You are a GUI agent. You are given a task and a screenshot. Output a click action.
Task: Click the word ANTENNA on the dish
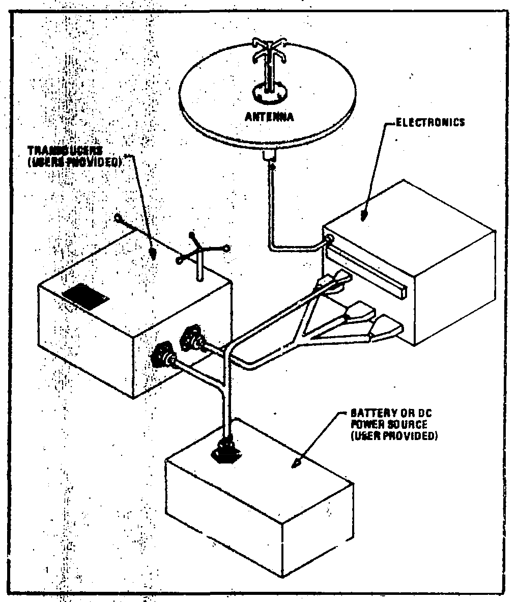269,117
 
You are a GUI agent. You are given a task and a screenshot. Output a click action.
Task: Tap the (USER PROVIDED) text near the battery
393,436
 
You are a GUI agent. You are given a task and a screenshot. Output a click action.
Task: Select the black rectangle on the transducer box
85,297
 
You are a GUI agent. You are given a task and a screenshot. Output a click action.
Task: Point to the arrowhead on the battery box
296,463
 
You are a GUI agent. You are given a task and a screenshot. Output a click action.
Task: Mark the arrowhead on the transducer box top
153,253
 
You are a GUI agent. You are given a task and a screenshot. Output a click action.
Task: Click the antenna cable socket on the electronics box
329,237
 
